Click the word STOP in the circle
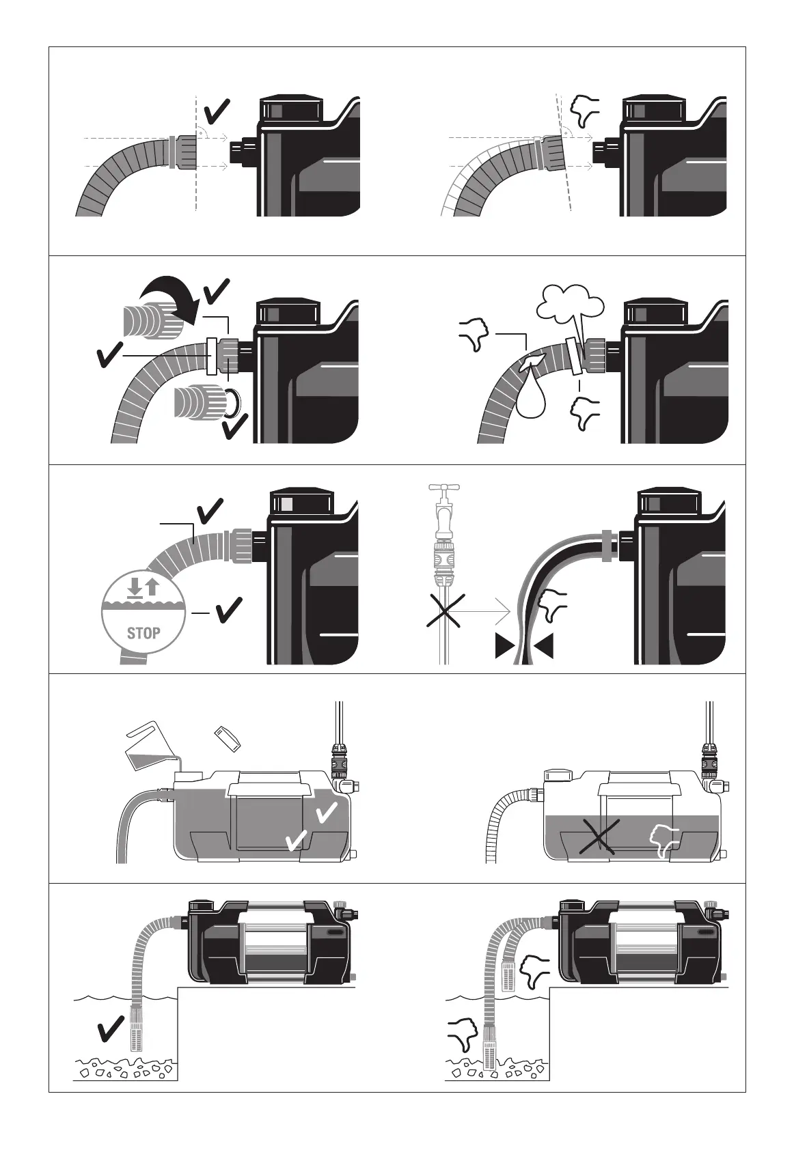click(x=143, y=632)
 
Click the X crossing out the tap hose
click(x=446, y=611)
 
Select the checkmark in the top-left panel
click(x=217, y=112)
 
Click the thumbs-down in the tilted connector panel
click(x=585, y=111)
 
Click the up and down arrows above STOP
click(x=143, y=587)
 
